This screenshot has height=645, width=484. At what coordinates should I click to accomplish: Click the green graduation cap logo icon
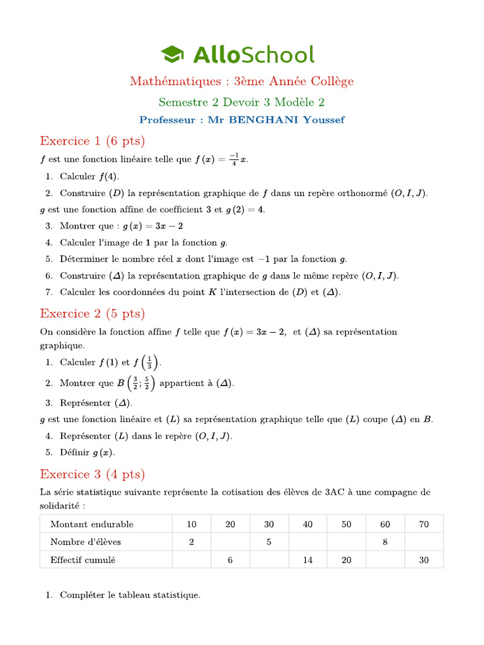pos(172,54)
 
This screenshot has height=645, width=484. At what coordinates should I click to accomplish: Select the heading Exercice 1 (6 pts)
pos(92,140)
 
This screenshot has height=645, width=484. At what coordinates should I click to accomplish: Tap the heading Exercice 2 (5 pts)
pos(92,313)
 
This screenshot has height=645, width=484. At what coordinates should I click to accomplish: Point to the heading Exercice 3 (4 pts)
pos(92,474)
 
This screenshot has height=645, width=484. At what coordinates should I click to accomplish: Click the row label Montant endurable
pos(92,524)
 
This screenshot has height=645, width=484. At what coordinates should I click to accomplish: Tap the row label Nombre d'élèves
pos(86,542)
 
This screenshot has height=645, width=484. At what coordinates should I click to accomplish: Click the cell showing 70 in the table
pos(423,524)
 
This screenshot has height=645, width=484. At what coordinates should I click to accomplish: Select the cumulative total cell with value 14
pos(308,559)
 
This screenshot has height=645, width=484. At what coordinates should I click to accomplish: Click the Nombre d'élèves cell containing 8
pos(385,542)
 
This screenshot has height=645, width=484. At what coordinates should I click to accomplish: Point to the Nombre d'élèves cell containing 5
pos(269,542)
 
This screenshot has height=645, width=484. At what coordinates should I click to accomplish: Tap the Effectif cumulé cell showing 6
pos(230,559)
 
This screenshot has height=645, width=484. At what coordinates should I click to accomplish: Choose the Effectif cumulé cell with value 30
pos(423,559)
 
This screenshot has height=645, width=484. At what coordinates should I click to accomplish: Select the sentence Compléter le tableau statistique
pos(130,595)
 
